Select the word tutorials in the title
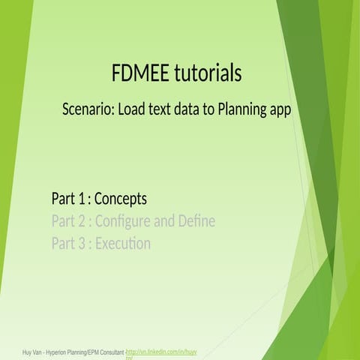[x=207, y=73]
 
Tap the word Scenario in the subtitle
[x=88, y=109]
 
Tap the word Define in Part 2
[x=196, y=221]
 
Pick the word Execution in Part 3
[x=123, y=244]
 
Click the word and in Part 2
[x=163, y=221]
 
